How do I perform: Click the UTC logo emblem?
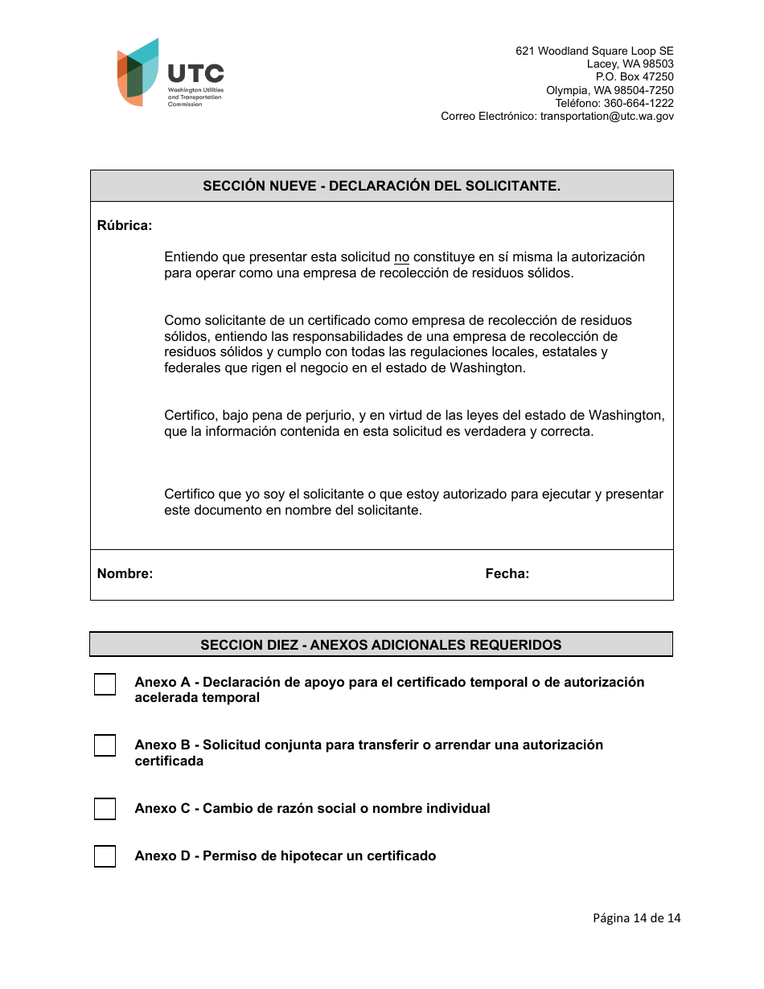(138, 72)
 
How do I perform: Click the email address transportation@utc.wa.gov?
(606, 117)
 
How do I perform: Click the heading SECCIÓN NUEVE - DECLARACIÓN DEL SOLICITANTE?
(381, 186)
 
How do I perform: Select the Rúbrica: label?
(125, 226)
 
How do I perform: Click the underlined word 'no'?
(401, 257)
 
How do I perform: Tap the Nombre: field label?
(125, 574)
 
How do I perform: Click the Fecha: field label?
(507, 574)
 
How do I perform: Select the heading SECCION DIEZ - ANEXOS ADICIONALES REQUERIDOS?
(380, 645)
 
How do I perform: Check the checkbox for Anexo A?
(105, 684)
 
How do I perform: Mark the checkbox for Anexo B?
(105, 746)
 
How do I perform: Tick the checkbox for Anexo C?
(105, 809)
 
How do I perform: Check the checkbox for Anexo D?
(105, 856)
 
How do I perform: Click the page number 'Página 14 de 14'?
(636, 918)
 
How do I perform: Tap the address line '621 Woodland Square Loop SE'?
(594, 51)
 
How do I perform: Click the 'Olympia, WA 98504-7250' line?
(610, 91)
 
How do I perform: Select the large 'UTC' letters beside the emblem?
(195, 75)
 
